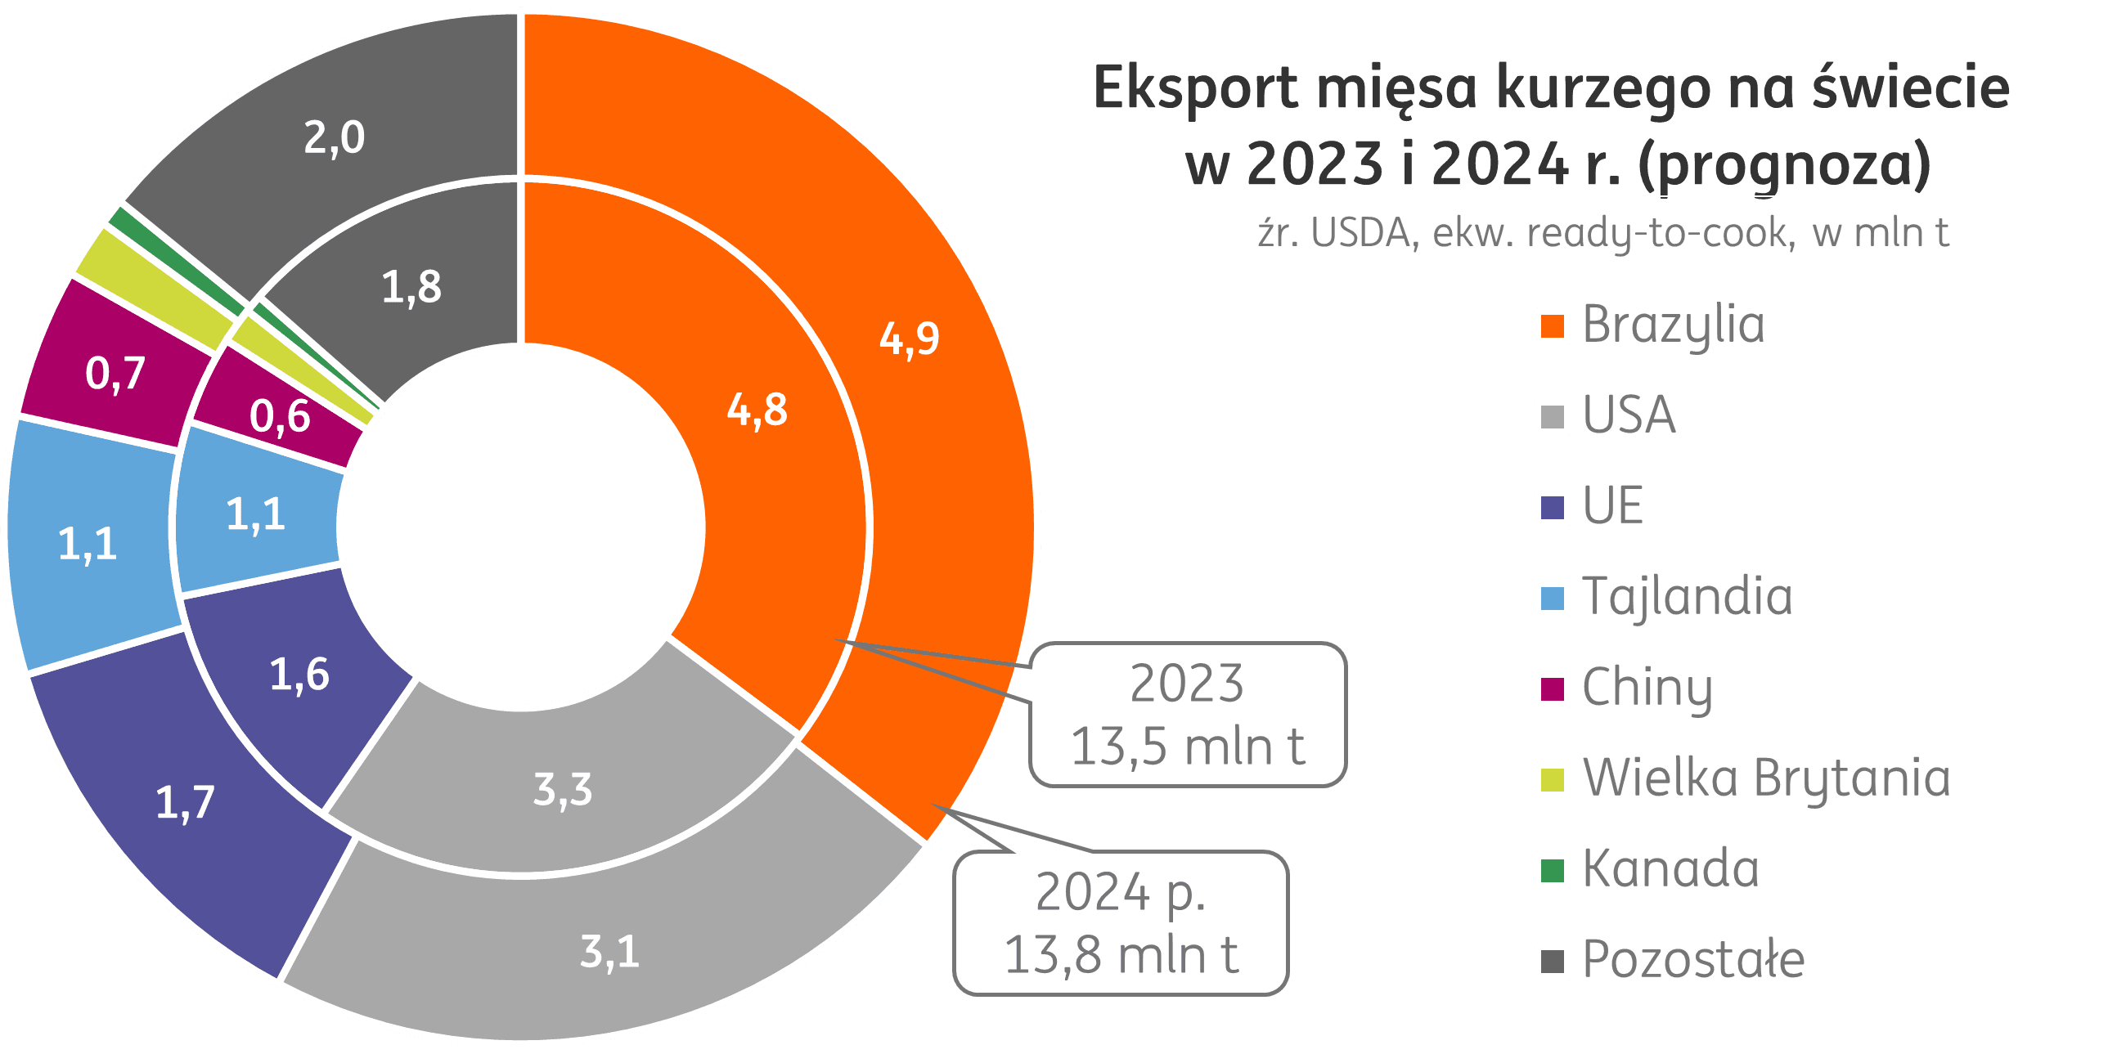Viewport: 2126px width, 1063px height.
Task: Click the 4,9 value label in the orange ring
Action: click(x=909, y=339)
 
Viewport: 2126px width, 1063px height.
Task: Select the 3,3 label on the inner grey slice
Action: click(x=563, y=790)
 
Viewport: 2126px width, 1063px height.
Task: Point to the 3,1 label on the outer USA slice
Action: click(x=610, y=953)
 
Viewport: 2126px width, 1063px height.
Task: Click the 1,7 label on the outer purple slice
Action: click(x=185, y=803)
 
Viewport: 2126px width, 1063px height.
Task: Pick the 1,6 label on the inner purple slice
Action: click(x=299, y=675)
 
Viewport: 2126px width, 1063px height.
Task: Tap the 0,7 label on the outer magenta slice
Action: click(x=115, y=374)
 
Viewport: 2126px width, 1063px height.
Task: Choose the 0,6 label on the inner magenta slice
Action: click(x=280, y=416)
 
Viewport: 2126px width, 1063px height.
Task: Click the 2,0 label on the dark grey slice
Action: click(x=334, y=138)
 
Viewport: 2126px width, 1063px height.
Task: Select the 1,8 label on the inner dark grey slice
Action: click(x=411, y=288)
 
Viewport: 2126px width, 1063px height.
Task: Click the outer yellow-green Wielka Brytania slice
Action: click(x=153, y=289)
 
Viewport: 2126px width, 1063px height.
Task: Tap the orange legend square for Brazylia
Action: click(x=1552, y=326)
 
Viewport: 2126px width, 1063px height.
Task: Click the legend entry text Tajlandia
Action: click(x=1687, y=597)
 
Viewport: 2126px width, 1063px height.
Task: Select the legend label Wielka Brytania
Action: click(x=1766, y=778)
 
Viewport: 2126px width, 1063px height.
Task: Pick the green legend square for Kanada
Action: click(x=1552, y=871)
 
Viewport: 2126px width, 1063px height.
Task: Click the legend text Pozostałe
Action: click(x=1693, y=960)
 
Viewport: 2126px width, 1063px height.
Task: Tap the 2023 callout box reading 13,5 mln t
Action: click(x=1187, y=715)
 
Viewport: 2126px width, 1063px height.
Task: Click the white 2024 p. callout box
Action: click(x=1121, y=922)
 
